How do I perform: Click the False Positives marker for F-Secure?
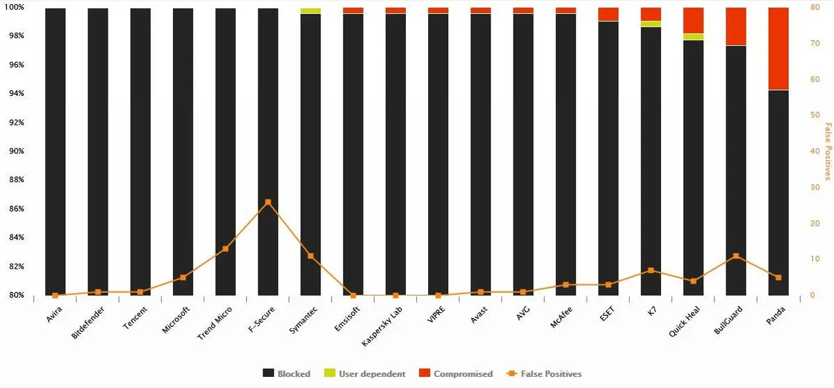click(268, 202)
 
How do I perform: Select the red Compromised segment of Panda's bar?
click(778, 49)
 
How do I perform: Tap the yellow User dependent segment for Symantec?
click(311, 11)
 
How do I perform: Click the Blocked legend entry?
click(286, 373)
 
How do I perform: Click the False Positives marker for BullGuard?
click(736, 256)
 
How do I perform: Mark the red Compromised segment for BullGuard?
click(736, 26)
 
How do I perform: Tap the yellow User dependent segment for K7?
click(651, 24)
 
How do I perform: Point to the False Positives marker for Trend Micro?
click(225, 248)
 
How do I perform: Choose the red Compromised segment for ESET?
click(608, 14)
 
